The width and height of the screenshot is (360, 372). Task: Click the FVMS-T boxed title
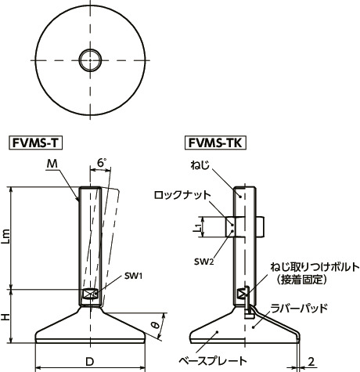pyautogui.click(x=36, y=143)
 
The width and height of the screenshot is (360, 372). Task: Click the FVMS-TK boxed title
pyautogui.click(x=215, y=143)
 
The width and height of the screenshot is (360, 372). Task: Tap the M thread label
pyautogui.click(x=52, y=163)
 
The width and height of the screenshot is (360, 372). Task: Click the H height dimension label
pyautogui.click(x=7, y=316)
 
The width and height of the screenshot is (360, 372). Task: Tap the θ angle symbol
pyautogui.click(x=156, y=323)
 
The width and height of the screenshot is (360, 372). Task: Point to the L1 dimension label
pyautogui.click(x=198, y=229)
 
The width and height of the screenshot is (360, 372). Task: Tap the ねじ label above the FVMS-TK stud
pyautogui.click(x=199, y=165)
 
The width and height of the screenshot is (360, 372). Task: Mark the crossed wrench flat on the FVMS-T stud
pyautogui.click(x=88, y=294)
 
